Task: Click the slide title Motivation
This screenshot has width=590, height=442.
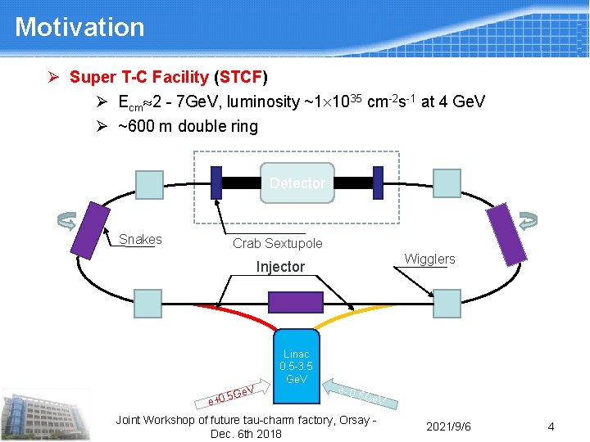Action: (79, 27)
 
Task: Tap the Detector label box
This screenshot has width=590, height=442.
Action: (297, 183)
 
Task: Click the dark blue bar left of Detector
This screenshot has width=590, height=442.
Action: (216, 183)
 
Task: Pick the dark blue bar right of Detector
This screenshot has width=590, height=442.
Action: (378, 183)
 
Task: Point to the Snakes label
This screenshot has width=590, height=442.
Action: (140, 240)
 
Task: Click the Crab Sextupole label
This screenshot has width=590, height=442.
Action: (278, 243)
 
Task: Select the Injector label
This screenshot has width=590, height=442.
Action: (280, 267)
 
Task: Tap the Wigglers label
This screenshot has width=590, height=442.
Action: (430, 259)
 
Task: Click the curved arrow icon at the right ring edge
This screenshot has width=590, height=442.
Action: (529, 220)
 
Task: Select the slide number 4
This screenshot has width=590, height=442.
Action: (551, 426)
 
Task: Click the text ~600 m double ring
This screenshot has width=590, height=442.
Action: (188, 126)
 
